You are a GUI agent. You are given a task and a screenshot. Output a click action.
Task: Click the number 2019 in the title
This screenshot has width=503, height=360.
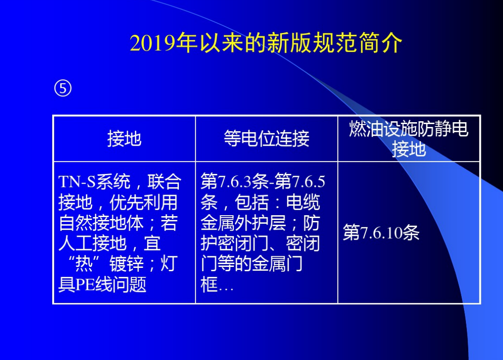click(152, 43)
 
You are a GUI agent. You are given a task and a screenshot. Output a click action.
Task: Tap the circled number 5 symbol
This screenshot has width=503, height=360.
click(63, 88)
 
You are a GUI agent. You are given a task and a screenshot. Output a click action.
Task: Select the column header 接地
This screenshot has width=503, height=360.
click(124, 139)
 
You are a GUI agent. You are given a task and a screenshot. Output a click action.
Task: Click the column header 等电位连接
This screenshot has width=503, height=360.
click(266, 139)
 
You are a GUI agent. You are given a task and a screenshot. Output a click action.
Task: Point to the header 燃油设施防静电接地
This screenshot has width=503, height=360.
click(409, 139)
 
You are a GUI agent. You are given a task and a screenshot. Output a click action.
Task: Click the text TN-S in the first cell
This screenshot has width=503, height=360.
click(77, 182)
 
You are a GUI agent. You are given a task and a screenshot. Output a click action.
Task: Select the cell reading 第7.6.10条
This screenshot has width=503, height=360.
click(381, 233)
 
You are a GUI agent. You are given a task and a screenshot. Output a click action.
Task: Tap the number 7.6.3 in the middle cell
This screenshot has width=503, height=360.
click(234, 182)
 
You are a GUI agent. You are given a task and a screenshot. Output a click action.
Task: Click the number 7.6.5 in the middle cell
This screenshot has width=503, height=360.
click(308, 182)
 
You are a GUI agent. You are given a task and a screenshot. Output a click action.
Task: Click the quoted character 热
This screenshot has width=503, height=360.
click(84, 264)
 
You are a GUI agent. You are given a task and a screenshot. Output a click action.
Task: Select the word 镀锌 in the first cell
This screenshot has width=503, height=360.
click(126, 264)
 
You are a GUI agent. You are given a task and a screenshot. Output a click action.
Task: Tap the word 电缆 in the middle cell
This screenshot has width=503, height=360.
click(303, 202)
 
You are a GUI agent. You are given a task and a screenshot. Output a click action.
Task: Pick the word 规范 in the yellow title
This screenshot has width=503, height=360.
click(324, 43)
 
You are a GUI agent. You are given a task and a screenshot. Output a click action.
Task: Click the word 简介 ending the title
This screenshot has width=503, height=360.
click(380, 43)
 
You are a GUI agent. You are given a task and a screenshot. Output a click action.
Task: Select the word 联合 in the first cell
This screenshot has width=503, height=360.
click(164, 182)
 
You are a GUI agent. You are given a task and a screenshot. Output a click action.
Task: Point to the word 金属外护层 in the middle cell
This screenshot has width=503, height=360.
click(243, 223)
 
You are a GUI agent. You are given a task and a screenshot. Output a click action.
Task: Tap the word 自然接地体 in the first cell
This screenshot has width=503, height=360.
click(101, 223)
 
